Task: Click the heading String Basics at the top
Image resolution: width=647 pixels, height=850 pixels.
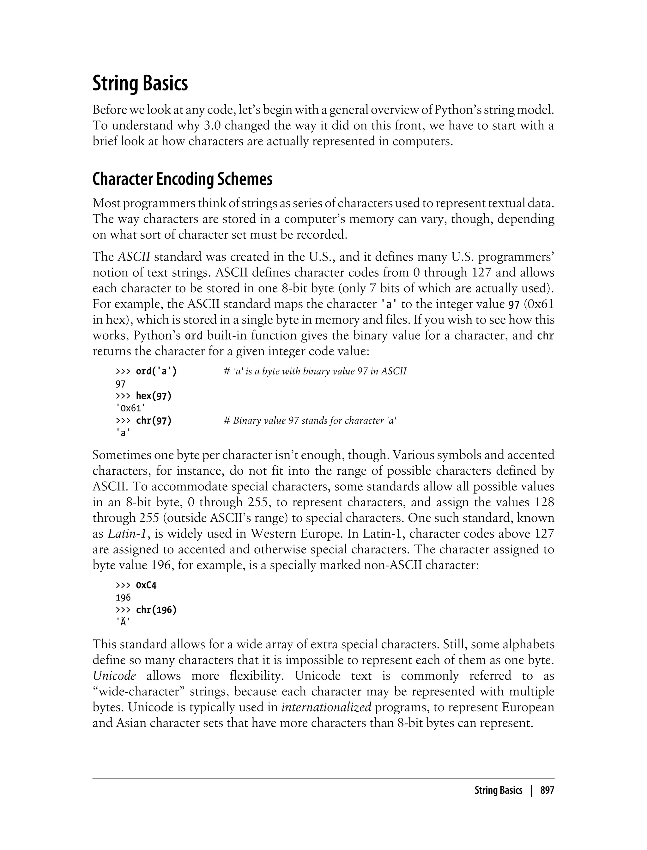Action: pos(140,84)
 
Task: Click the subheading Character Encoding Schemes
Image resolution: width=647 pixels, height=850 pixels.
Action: pos(182,179)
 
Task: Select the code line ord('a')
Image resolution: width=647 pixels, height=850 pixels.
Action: pos(156,371)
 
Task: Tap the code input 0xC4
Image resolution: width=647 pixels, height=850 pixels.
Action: pos(146,586)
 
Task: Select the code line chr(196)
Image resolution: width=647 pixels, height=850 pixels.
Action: pos(156,610)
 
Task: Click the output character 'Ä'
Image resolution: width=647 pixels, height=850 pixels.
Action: pos(123,623)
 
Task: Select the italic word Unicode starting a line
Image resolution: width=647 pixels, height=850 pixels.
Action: pos(114,676)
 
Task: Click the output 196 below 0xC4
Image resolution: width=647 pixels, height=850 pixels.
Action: pos(123,598)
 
